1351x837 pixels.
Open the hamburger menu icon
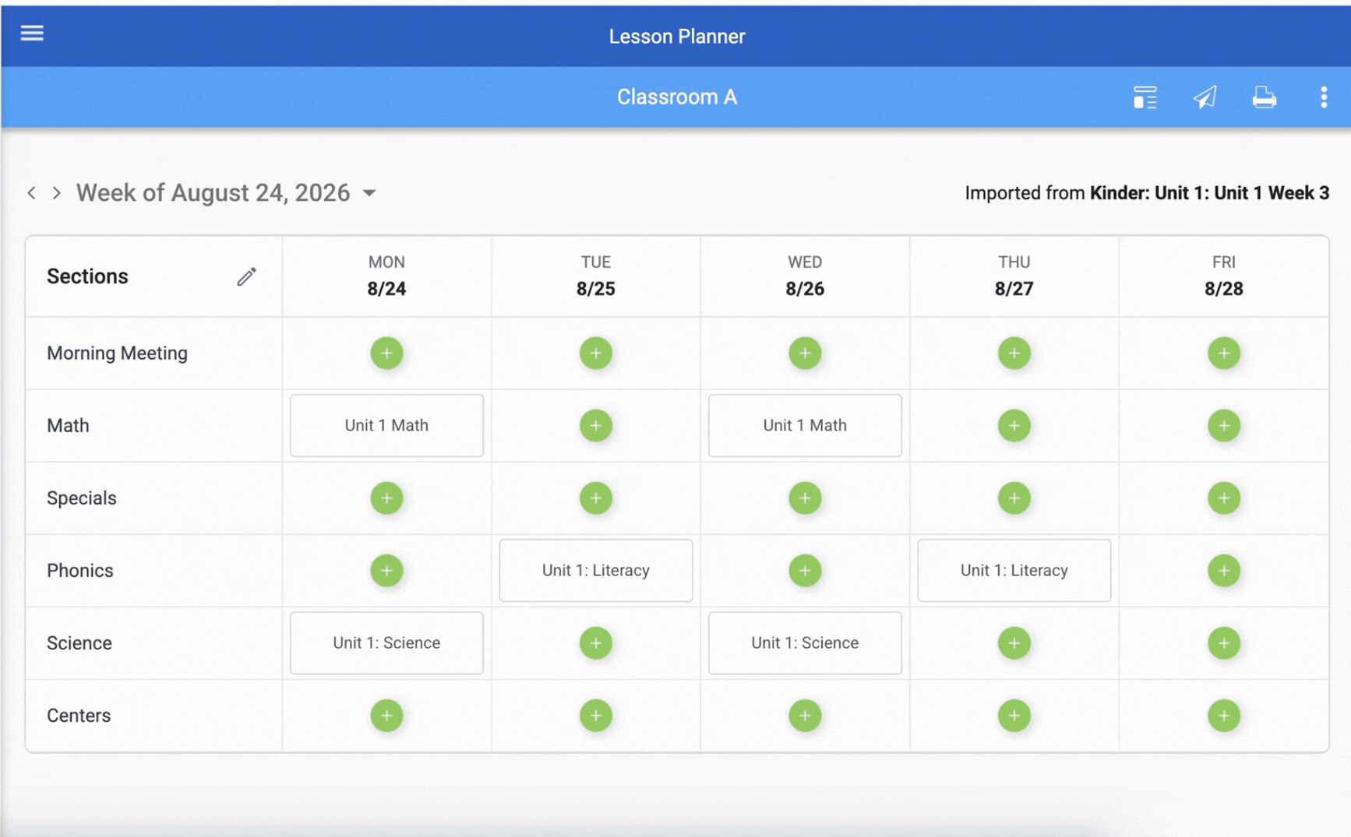32,33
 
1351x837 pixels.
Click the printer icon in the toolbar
1264,97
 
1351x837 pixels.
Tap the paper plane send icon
1205,97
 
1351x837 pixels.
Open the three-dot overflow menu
1324,97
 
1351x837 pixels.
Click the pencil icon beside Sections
246,276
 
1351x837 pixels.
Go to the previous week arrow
31,193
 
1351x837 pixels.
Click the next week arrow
57,193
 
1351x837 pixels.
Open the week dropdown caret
369,193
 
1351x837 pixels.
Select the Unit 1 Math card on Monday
386,425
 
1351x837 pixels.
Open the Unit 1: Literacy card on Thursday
1014,570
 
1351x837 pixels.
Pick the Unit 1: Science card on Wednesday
805,642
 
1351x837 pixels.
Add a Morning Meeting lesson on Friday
1223,353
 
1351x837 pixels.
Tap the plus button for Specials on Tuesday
595,498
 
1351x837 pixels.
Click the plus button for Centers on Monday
386,715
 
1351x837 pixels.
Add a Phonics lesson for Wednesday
805,570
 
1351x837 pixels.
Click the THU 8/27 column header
1014,276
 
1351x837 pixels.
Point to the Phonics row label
80,571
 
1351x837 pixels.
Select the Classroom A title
676,97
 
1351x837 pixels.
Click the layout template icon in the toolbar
1145,97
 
